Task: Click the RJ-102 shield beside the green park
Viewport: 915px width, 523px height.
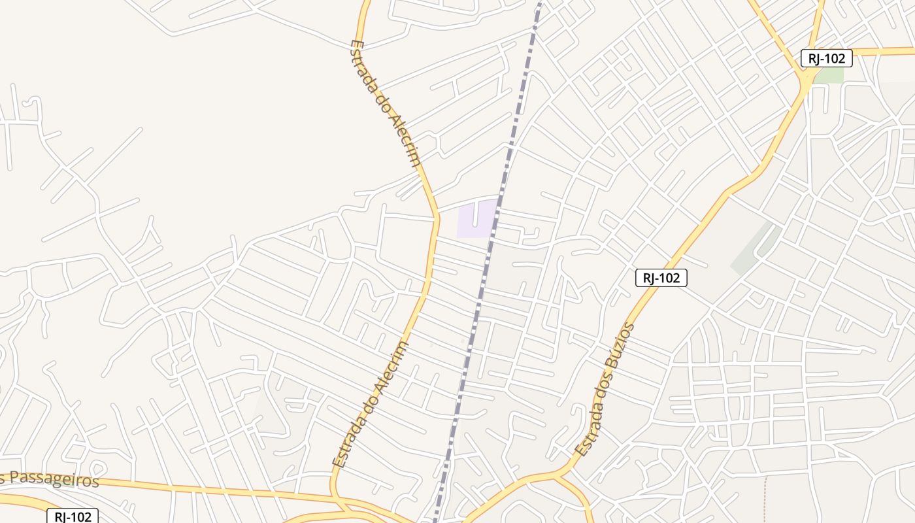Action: click(826, 58)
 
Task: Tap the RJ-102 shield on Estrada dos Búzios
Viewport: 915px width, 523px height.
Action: click(661, 278)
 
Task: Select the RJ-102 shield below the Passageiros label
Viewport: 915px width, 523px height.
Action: click(73, 516)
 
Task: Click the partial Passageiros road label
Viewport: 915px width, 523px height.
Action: click(50, 479)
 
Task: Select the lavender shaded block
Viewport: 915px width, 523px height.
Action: click(476, 219)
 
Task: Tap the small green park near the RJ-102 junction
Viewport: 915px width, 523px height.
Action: click(829, 75)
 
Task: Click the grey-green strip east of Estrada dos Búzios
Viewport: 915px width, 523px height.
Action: click(752, 249)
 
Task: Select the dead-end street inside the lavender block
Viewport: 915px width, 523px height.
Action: click(475, 213)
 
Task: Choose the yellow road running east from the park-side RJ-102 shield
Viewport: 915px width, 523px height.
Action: click(882, 51)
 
